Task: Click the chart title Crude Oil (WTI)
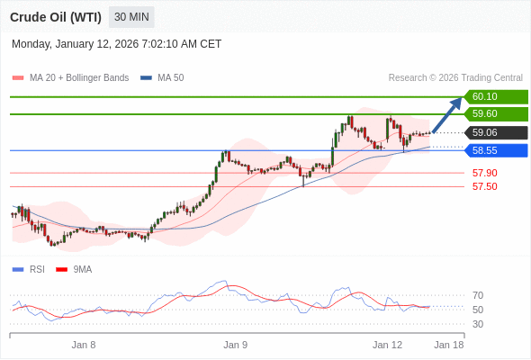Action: (56, 17)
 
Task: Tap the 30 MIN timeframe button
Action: (131, 17)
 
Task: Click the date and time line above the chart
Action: (116, 44)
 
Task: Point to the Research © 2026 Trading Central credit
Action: (455, 78)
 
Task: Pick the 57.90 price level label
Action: (484, 173)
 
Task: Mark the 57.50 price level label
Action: (484, 186)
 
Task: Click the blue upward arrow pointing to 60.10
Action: (447, 114)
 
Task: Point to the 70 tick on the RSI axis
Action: (478, 295)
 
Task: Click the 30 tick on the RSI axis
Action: (478, 324)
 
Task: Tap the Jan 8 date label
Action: (84, 345)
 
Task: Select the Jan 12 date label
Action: (387, 345)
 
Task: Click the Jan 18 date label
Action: (449, 345)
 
